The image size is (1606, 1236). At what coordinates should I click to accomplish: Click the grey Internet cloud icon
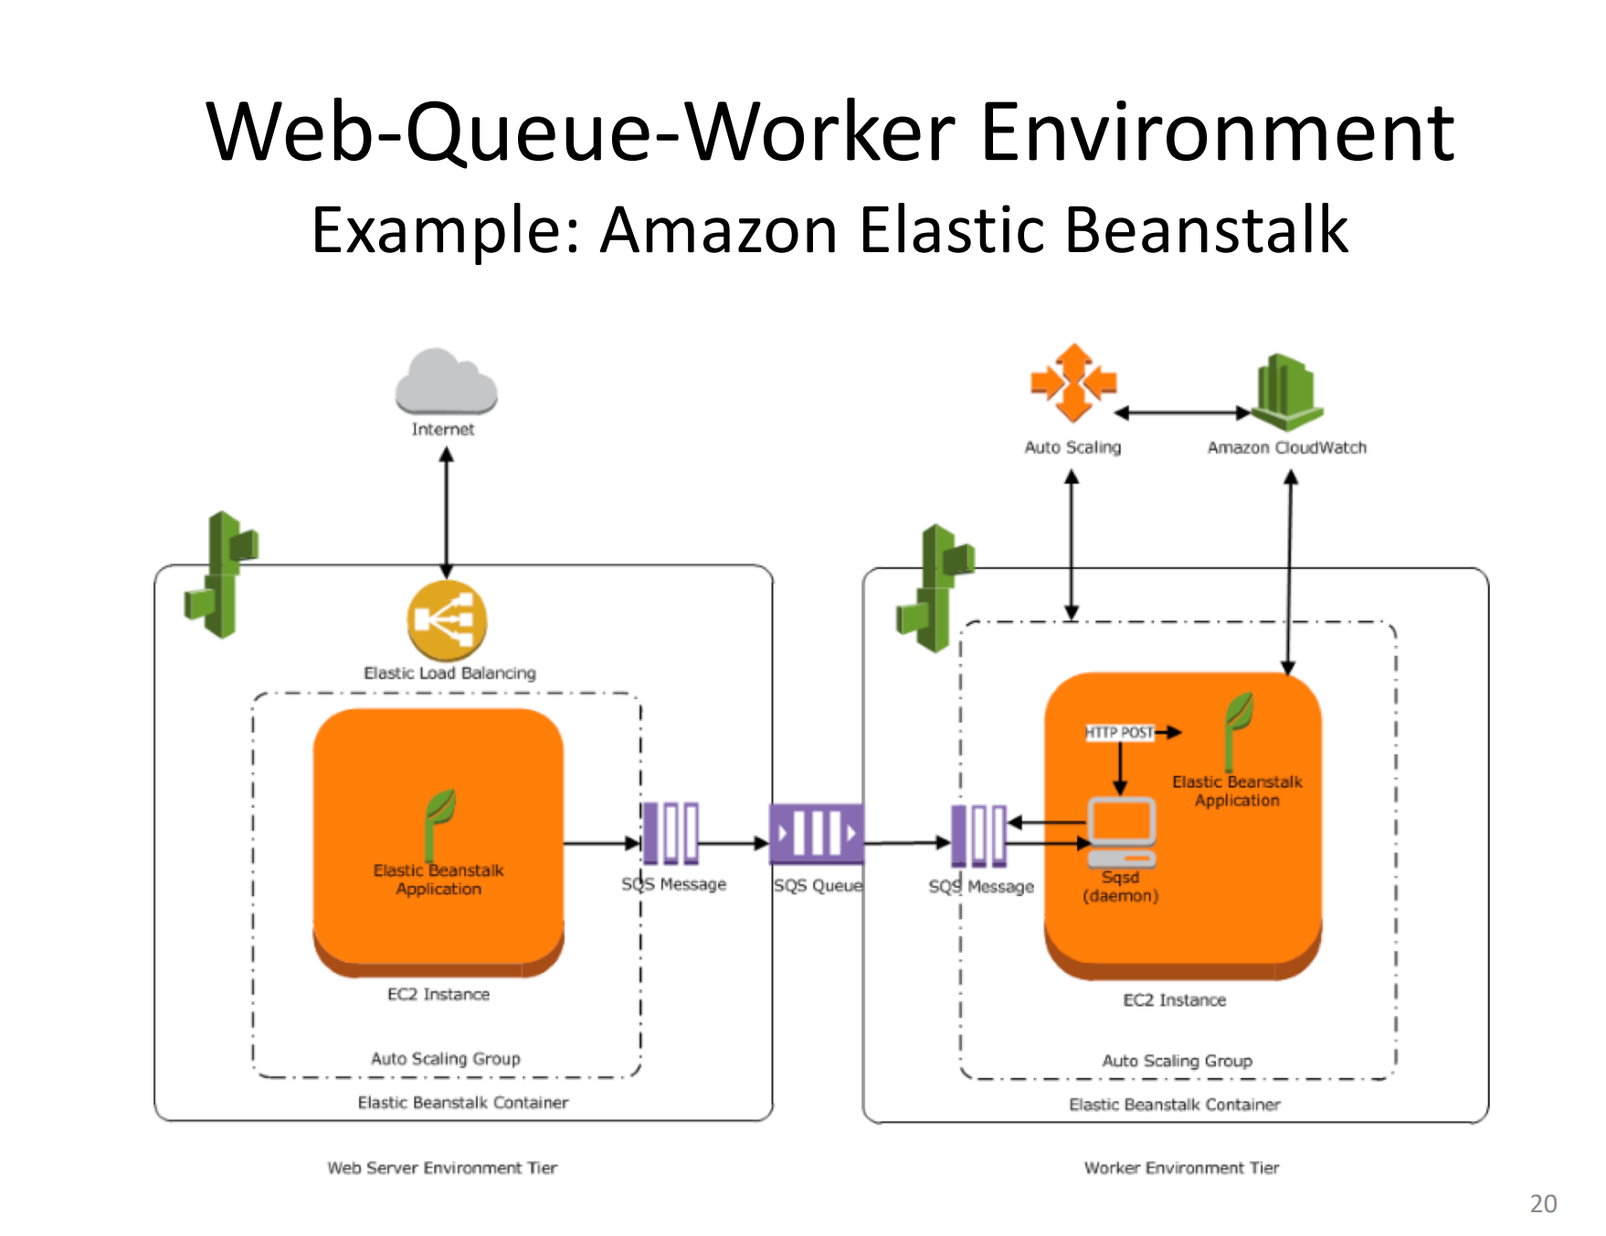(x=446, y=382)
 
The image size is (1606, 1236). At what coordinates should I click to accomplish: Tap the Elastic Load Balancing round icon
(x=447, y=621)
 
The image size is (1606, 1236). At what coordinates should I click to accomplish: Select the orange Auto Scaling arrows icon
(x=1073, y=383)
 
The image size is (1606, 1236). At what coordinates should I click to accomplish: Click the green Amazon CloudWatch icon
(x=1286, y=393)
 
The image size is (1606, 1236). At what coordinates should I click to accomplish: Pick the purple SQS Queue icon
(x=816, y=833)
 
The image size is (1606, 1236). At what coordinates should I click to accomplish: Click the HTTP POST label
(x=1119, y=732)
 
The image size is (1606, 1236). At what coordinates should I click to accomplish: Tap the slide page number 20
(x=1543, y=1203)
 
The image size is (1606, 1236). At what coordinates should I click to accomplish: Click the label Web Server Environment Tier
(x=442, y=1167)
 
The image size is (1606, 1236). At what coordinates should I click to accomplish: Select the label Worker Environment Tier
(x=1181, y=1167)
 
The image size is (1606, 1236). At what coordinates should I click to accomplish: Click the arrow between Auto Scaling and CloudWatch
(x=1182, y=413)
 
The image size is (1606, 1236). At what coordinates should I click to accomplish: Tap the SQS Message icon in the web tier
(x=671, y=833)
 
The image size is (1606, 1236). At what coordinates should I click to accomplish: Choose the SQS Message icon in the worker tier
(x=978, y=835)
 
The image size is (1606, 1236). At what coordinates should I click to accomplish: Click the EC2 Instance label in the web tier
(x=438, y=994)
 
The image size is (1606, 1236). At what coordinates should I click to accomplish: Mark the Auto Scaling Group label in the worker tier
(x=1177, y=1061)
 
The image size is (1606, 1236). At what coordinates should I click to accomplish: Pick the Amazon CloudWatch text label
(x=1286, y=448)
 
